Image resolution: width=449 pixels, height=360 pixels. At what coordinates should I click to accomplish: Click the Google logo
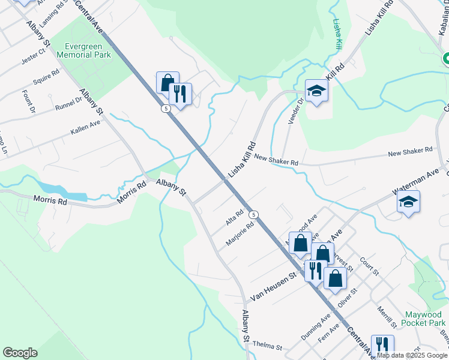click(x=20, y=353)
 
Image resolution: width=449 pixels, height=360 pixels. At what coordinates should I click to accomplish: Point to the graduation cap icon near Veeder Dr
click(x=316, y=92)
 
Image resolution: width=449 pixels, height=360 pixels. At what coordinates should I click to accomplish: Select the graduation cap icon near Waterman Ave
click(x=408, y=202)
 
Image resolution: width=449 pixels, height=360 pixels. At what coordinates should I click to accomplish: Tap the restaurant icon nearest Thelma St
click(x=382, y=346)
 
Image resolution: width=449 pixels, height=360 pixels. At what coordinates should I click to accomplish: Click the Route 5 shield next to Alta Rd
click(x=255, y=214)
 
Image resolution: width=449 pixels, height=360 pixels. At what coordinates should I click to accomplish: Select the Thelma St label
click(x=267, y=347)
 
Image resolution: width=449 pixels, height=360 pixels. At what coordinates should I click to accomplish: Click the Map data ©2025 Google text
click(x=412, y=355)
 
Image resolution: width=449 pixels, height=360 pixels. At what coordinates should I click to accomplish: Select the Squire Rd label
click(x=46, y=76)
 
